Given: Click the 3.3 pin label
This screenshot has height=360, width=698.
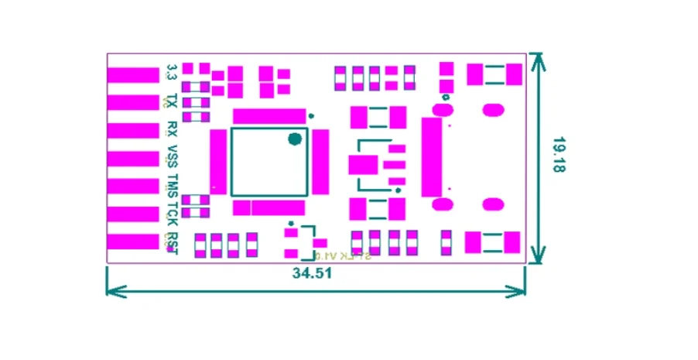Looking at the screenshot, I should pyautogui.click(x=172, y=74).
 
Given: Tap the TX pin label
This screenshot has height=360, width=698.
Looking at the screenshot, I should pyautogui.click(x=172, y=101).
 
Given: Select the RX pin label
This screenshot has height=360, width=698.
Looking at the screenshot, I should pyautogui.click(x=172, y=129).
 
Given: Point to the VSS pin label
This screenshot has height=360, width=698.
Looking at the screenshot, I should pyautogui.click(x=172, y=156).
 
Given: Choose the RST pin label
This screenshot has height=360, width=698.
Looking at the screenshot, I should pyautogui.click(x=172, y=241).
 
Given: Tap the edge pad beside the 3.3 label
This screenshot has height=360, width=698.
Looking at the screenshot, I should pyautogui.click(x=132, y=75).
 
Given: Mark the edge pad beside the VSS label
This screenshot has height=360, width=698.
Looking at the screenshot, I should pyautogui.click(x=132, y=158).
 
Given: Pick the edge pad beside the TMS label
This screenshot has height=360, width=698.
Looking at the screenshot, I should pyautogui.click(x=132, y=186).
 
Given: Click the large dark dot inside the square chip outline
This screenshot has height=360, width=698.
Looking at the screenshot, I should pyautogui.click(x=294, y=139).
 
